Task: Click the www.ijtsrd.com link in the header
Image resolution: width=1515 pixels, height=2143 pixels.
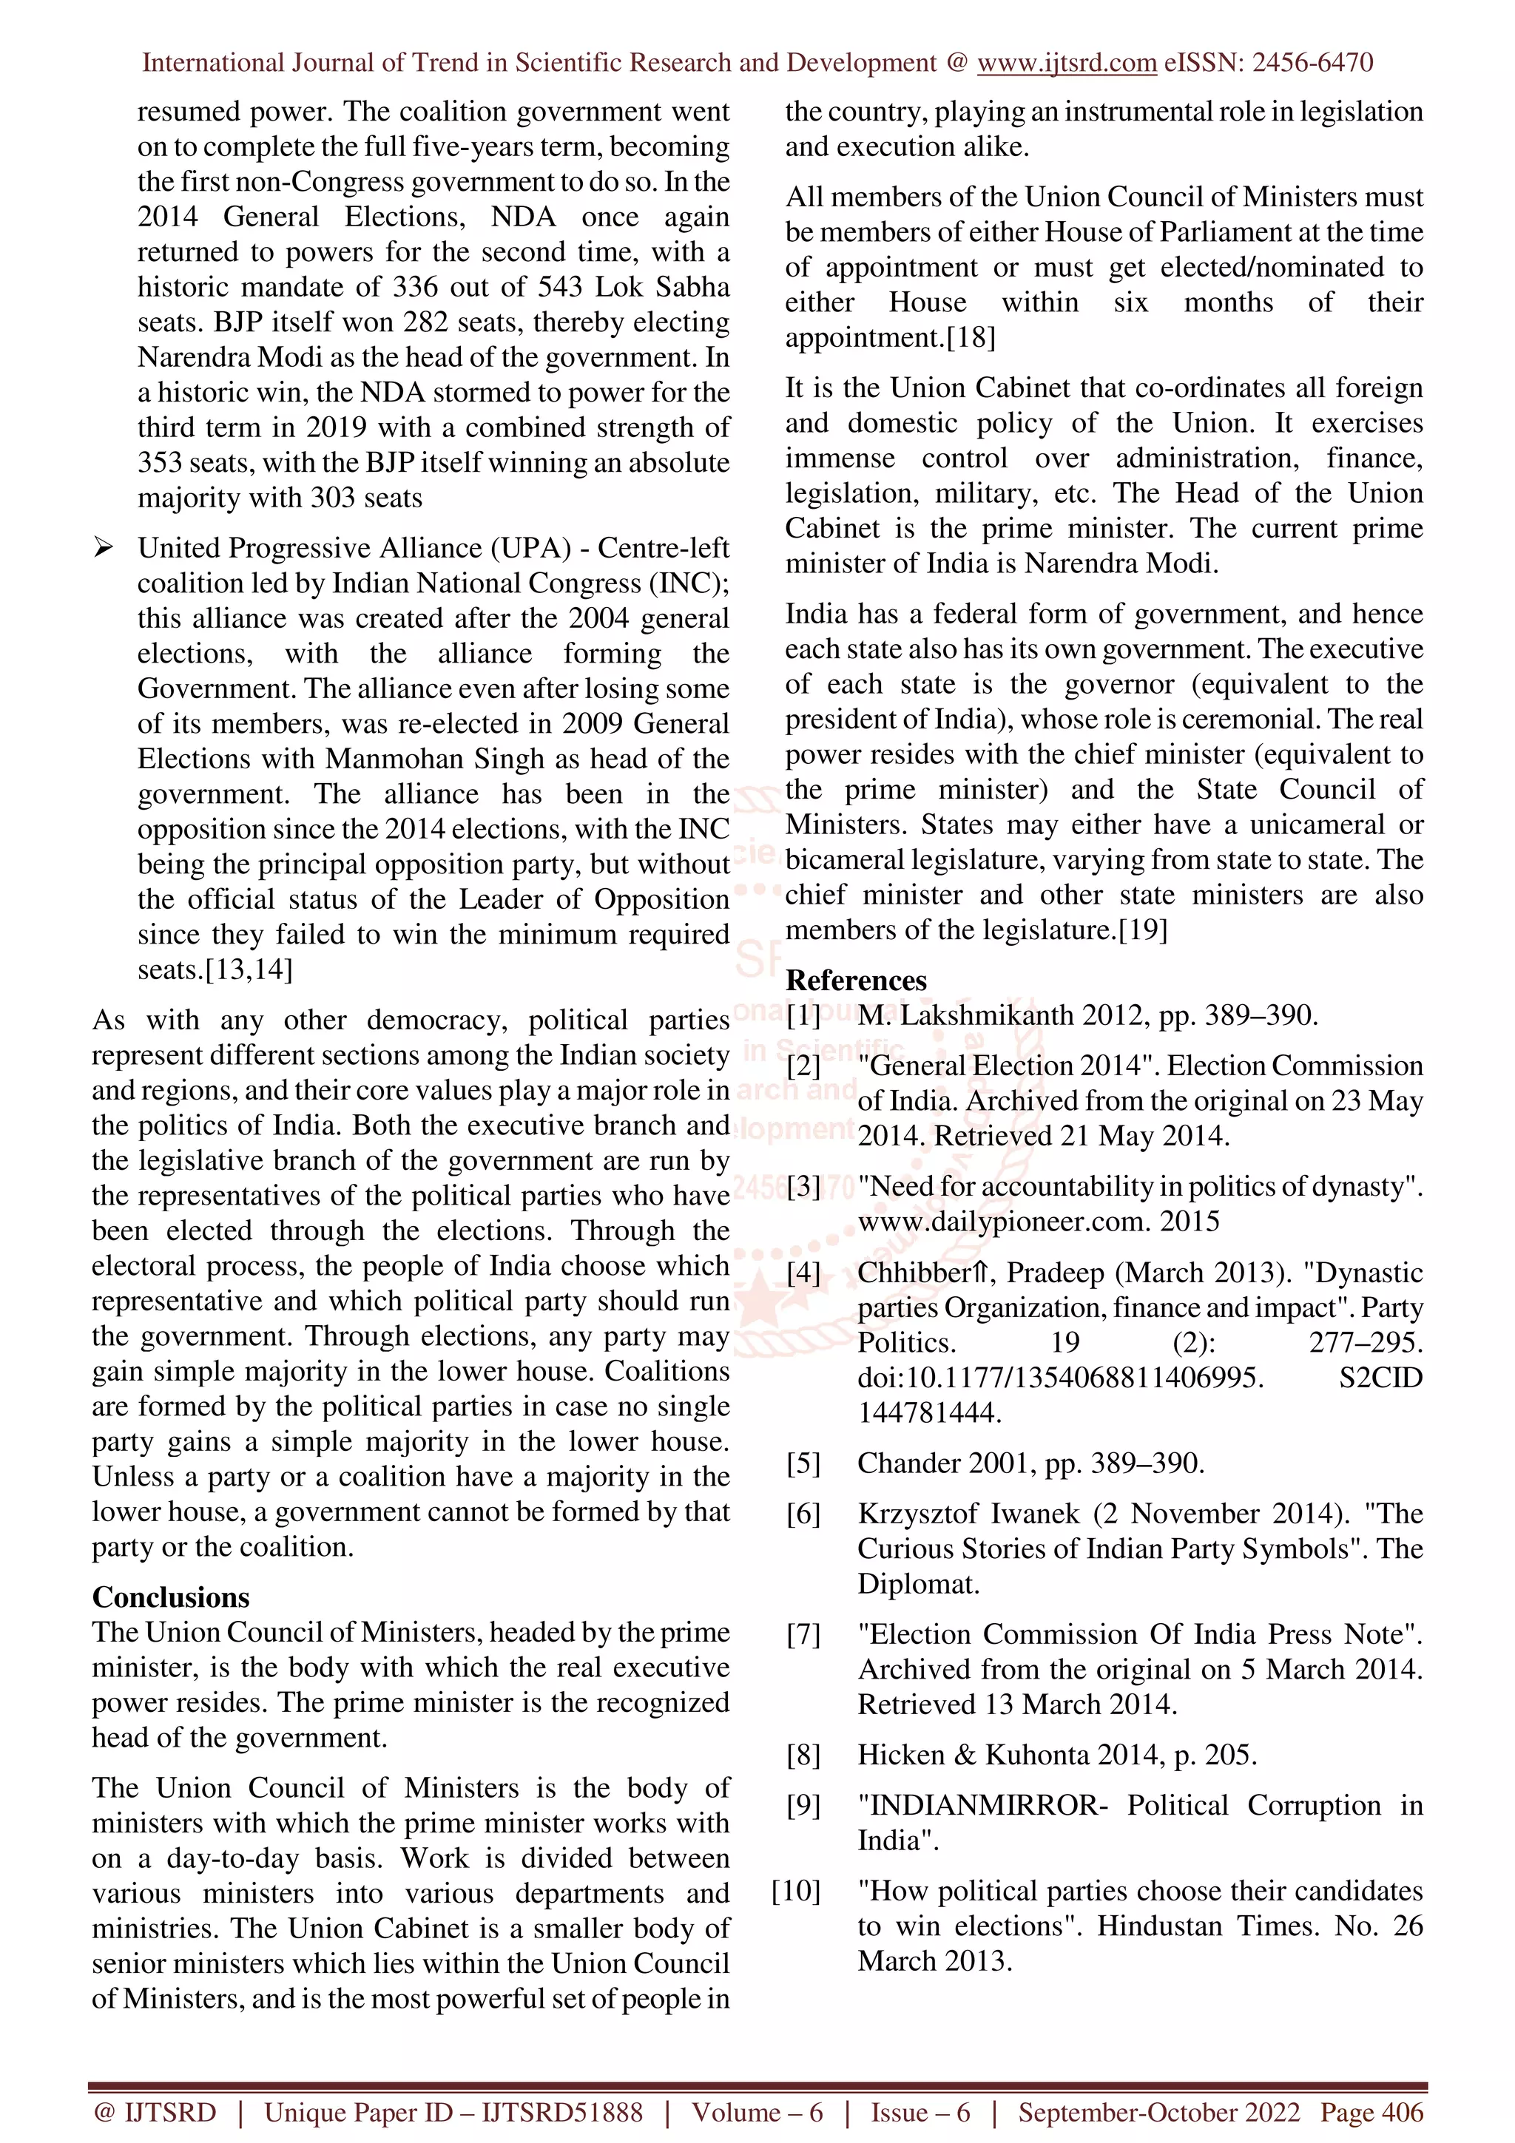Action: (x=1066, y=64)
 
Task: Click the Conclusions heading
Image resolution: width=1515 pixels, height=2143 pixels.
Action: (x=171, y=1598)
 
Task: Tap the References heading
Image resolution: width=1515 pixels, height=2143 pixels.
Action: (x=856, y=981)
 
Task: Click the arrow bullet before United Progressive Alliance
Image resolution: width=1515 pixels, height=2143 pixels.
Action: (x=104, y=548)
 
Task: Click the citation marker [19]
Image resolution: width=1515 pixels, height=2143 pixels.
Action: (x=1143, y=930)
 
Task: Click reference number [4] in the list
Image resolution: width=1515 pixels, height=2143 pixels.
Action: (x=803, y=1273)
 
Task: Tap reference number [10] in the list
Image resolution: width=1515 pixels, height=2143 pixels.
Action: (x=796, y=1892)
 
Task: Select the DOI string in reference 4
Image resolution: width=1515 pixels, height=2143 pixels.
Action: (x=1059, y=1378)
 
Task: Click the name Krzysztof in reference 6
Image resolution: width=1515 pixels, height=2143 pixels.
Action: (x=914, y=1514)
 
